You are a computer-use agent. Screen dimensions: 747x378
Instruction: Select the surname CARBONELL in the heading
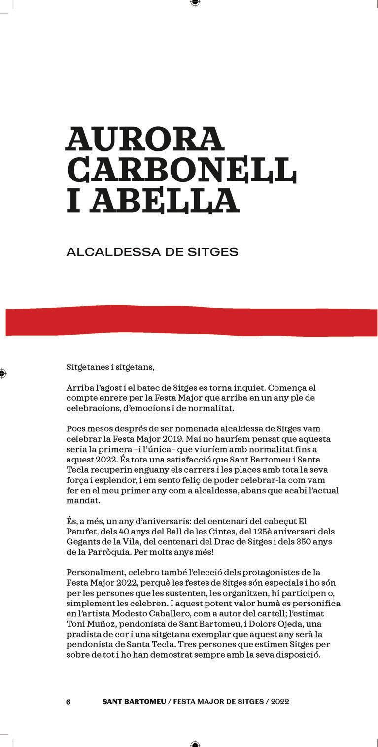point(181,170)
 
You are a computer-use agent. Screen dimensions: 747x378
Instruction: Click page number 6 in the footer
point(69,702)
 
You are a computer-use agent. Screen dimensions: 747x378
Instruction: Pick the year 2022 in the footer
point(279,702)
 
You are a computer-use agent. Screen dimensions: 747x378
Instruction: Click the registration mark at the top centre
point(195,3)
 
